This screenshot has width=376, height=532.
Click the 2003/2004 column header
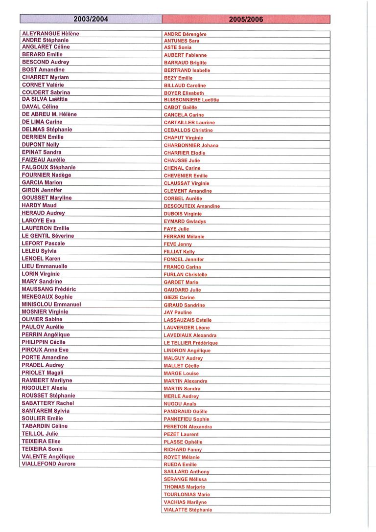tap(91, 20)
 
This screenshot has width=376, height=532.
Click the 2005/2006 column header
tap(246, 20)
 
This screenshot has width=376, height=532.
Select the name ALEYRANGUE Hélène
tap(50, 33)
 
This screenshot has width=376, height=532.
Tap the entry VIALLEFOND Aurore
tap(49, 464)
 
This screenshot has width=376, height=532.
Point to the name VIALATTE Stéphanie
tap(188, 510)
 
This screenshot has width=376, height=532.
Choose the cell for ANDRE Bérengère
tap(185, 34)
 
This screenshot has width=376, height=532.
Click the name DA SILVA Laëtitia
tap(45, 99)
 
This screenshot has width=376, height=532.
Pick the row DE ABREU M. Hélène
tap(49, 114)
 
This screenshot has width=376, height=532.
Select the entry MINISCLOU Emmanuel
tap(51, 304)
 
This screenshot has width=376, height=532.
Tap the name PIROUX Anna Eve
tap(45, 350)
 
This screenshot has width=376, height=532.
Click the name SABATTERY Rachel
tap(48, 403)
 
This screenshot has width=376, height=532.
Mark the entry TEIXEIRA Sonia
tap(42, 449)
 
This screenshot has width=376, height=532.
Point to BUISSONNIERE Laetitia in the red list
tap(191, 100)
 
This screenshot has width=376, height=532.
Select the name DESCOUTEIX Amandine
tap(192, 206)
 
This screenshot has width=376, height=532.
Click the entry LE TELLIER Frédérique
tap(191, 343)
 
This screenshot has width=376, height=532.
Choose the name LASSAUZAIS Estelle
tap(188, 320)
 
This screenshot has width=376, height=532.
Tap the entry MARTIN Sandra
tap(182, 389)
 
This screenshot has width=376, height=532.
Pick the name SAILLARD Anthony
tap(187, 472)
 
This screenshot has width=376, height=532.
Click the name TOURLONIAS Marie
tap(187, 495)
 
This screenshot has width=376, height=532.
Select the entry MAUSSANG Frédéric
tap(49, 289)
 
